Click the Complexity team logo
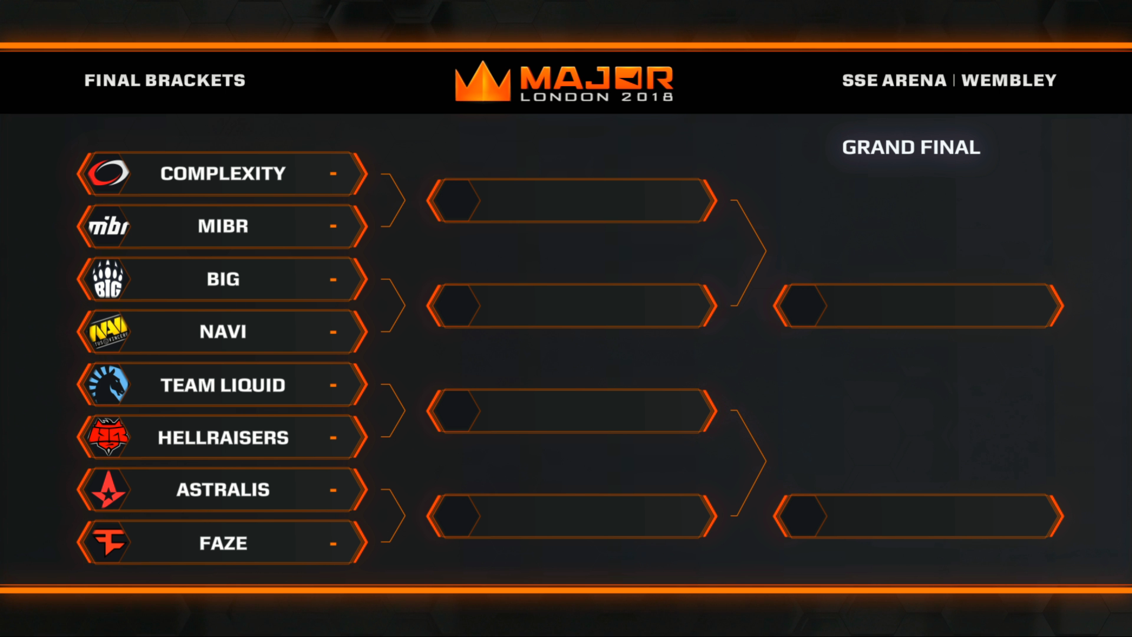pyautogui.click(x=108, y=173)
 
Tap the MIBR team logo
pyautogui.click(x=108, y=226)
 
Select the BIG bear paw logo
pyautogui.click(x=108, y=279)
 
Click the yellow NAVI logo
pyautogui.click(x=108, y=331)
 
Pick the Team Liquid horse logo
pyautogui.click(x=108, y=385)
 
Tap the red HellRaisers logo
pyautogui.click(x=108, y=437)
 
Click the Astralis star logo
pyautogui.click(x=108, y=490)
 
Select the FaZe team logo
pyautogui.click(x=108, y=543)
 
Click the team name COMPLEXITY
pyautogui.click(x=223, y=173)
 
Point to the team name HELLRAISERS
pyautogui.click(x=223, y=438)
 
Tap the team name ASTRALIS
pyautogui.click(x=223, y=490)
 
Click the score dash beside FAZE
pyautogui.click(x=333, y=543)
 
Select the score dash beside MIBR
pyautogui.click(x=333, y=226)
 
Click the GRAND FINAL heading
pyautogui.click(x=911, y=147)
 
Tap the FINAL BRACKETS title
pyautogui.click(x=164, y=80)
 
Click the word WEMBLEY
pyautogui.click(x=1009, y=80)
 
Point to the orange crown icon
pyautogui.click(x=483, y=82)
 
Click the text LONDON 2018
pyautogui.click(x=596, y=97)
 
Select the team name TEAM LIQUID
pyautogui.click(x=223, y=385)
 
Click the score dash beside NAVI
pyautogui.click(x=333, y=332)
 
